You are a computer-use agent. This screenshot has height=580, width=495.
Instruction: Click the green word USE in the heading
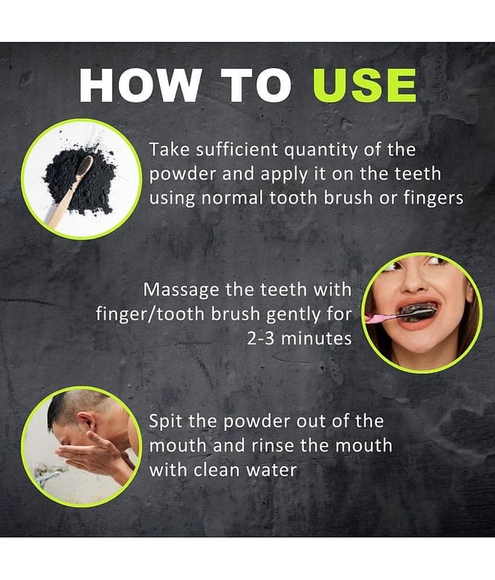(x=365, y=85)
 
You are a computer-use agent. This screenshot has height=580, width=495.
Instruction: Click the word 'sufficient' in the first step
(x=236, y=150)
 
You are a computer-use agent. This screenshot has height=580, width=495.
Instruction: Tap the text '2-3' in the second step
(x=261, y=339)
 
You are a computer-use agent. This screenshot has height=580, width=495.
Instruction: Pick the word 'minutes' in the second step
(x=317, y=339)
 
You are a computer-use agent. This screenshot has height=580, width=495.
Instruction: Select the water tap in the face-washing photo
(x=48, y=475)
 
